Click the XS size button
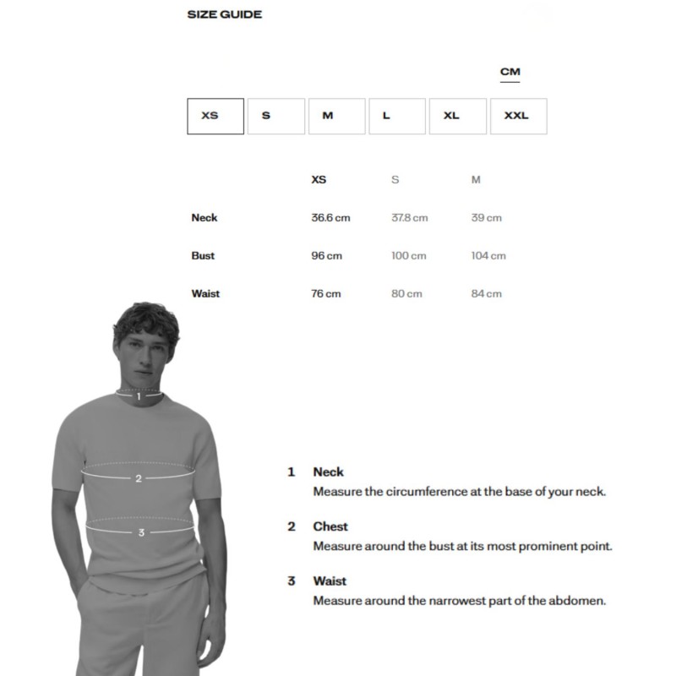click(x=215, y=116)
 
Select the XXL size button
click(x=518, y=116)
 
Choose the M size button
click(x=336, y=116)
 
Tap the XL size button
click(x=457, y=116)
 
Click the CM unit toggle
click(x=510, y=72)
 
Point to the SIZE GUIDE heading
click(x=224, y=14)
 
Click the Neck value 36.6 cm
click(x=330, y=218)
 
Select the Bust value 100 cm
click(x=409, y=256)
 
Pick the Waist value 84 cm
click(x=487, y=294)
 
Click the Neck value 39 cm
click(x=487, y=218)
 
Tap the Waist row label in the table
click(x=205, y=294)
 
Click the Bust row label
click(x=203, y=256)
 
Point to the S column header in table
click(x=395, y=180)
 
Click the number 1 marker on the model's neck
click(x=139, y=395)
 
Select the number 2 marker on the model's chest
click(x=139, y=478)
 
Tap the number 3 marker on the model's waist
click(x=141, y=532)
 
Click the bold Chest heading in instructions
click(x=330, y=526)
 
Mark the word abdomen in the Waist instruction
click(x=577, y=601)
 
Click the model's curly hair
click(x=145, y=319)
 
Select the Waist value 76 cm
click(x=326, y=294)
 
